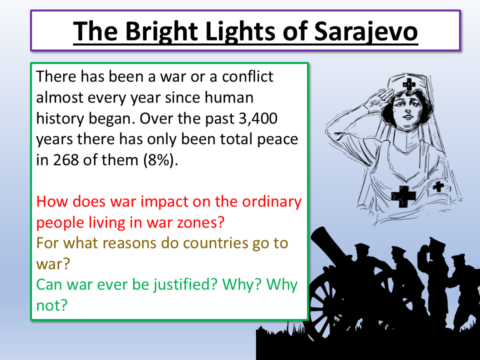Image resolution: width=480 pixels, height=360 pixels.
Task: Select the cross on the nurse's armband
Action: click(x=438, y=187)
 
